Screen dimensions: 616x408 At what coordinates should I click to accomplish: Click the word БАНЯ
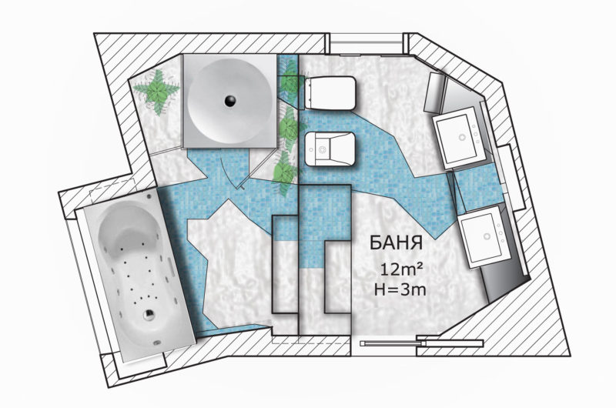click(396, 242)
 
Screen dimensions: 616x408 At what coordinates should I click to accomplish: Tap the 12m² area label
click(401, 269)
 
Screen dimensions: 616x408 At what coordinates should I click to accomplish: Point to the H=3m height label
click(400, 289)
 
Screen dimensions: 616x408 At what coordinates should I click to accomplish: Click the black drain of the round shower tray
click(230, 101)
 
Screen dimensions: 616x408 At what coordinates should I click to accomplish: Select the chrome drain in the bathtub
click(149, 315)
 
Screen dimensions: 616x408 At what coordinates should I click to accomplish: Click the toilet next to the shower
click(330, 92)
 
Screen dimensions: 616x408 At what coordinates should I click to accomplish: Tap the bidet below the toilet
click(330, 149)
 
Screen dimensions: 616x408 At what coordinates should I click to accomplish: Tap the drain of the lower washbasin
click(487, 236)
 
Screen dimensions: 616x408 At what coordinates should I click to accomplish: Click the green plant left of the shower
click(157, 91)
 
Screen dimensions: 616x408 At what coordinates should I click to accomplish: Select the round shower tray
click(230, 101)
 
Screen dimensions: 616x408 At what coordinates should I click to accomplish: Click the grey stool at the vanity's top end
click(434, 92)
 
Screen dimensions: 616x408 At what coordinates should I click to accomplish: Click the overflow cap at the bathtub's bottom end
click(157, 342)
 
